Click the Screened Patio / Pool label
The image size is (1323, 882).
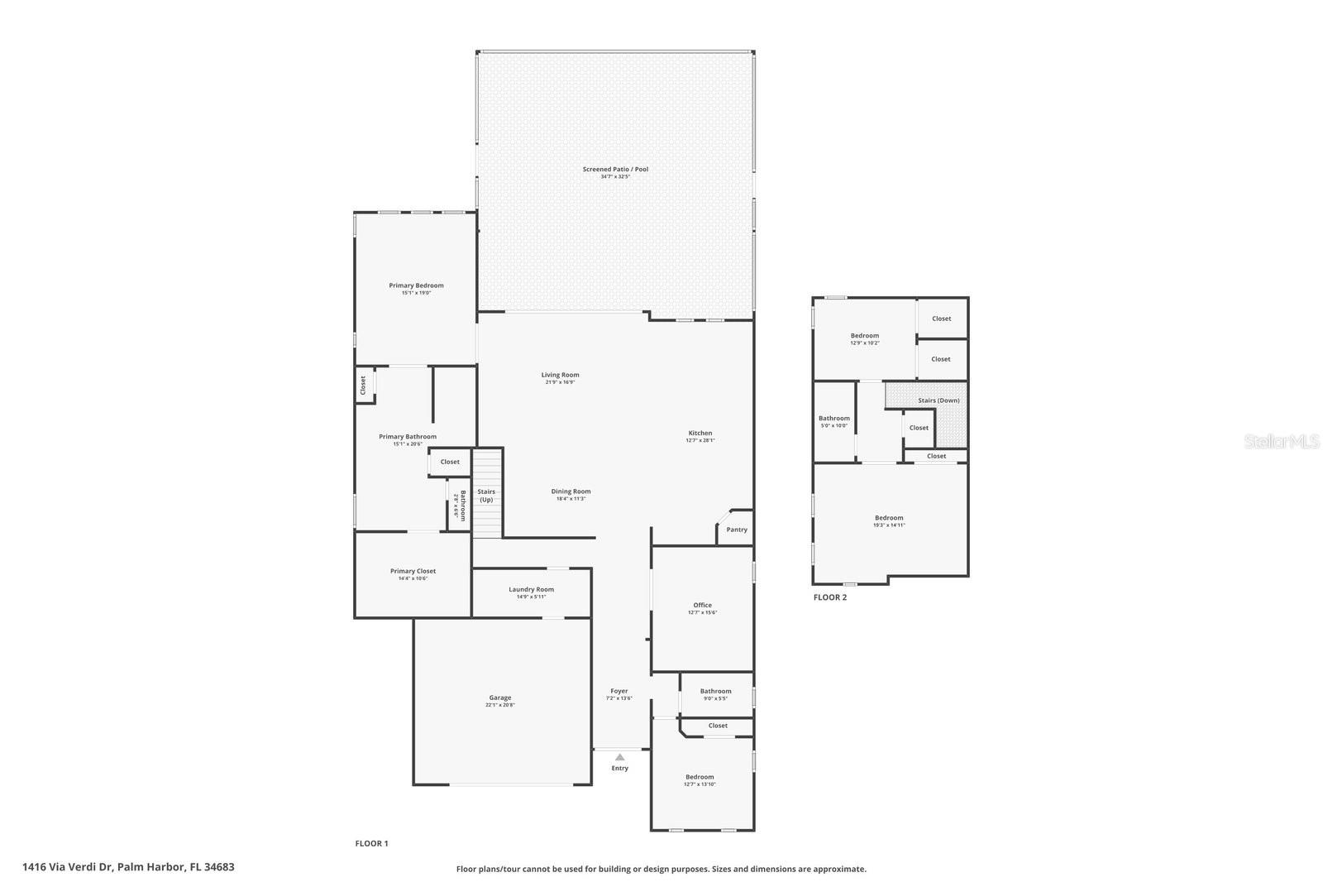coord(615,170)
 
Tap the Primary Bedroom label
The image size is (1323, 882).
coord(416,285)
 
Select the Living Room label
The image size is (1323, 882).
coord(560,375)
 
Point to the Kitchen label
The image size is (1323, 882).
coord(700,433)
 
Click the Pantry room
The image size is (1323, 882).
coord(736,530)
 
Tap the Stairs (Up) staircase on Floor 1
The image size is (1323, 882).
coord(487,494)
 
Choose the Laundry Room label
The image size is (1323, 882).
coord(531,589)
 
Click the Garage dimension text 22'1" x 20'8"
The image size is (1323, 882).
coord(500,705)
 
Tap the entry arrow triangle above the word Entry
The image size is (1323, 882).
coord(619,756)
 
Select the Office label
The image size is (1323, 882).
coord(702,605)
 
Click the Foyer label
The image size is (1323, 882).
coord(619,691)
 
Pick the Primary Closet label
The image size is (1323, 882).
coord(413,571)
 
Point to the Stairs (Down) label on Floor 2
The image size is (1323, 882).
coord(939,400)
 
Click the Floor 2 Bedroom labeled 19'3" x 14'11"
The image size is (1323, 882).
coord(889,521)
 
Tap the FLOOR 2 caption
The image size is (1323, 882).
coord(829,597)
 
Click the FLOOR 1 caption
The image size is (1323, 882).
coord(371,844)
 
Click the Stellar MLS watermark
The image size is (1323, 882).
coord(1282,442)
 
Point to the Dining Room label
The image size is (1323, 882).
coord(571,491)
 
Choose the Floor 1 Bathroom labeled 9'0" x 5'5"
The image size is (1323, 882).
coord(715,694)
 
